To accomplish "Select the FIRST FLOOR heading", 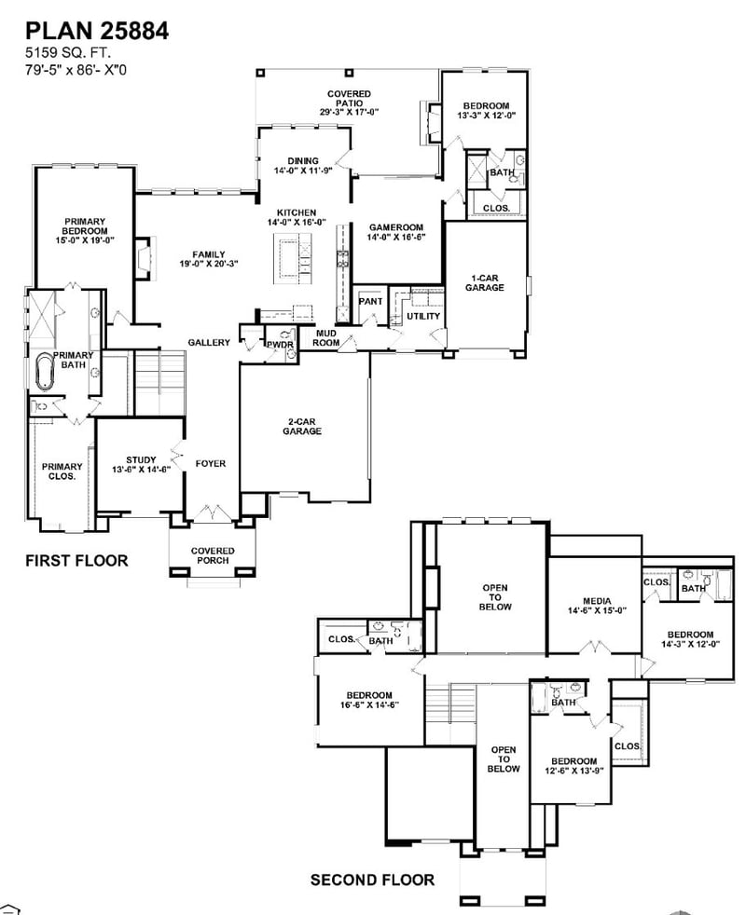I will [76, 561].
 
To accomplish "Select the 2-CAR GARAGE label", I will [303, 427].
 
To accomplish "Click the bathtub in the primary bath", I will [45, 372].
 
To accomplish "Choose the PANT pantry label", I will [371, 302].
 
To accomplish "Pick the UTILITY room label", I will [422, 317].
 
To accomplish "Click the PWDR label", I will [281, 345].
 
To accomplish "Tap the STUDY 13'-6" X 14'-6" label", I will [141, 465].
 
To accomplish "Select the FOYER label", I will [211, 463].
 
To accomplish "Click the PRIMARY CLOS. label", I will [61, 471].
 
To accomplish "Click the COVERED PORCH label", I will [213, 555].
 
